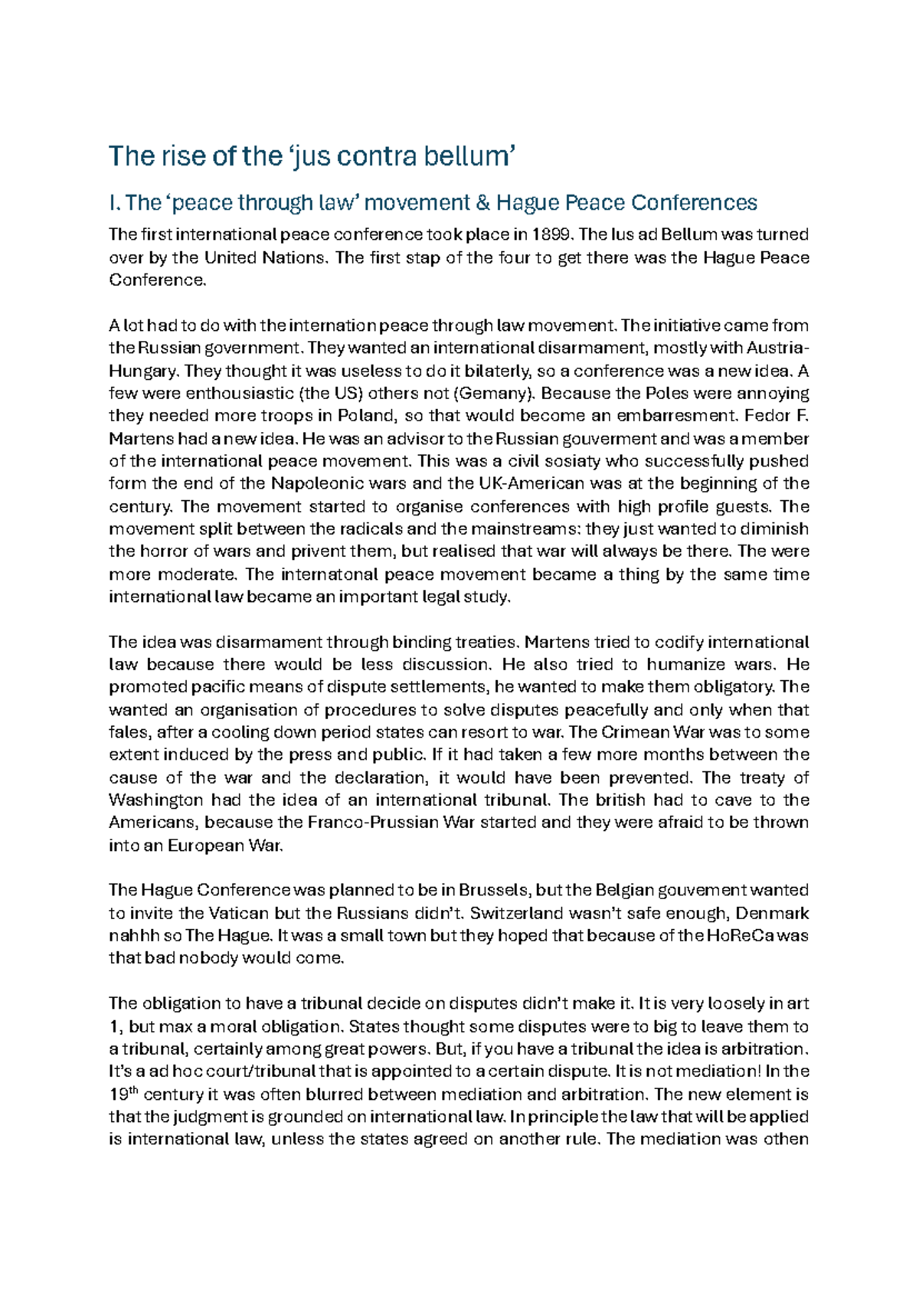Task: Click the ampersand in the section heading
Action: click(481, 203)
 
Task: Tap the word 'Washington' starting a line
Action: click(155, 800)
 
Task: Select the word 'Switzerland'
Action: click(519, 913)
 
